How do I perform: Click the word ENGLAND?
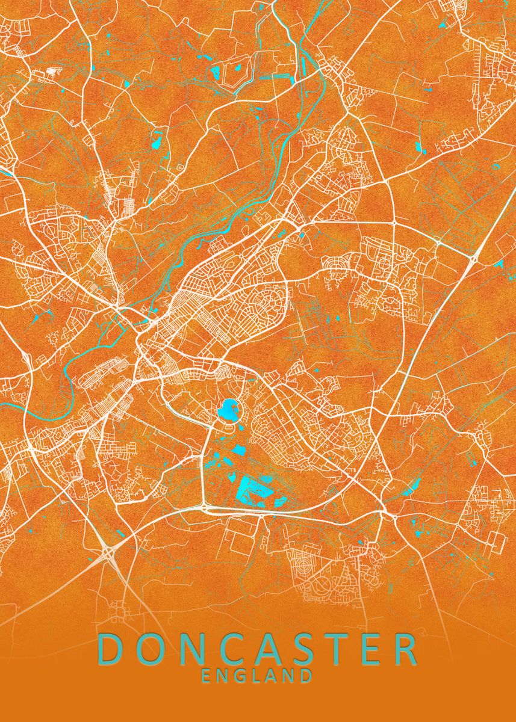[x=257, y=676]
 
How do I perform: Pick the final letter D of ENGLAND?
[x=306, y=676]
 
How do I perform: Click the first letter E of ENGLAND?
[x=207, y=676]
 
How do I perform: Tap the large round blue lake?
[x=228, y=411]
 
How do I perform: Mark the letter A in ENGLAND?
[x=272, y=676]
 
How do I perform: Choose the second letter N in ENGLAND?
[x=289, y=676]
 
